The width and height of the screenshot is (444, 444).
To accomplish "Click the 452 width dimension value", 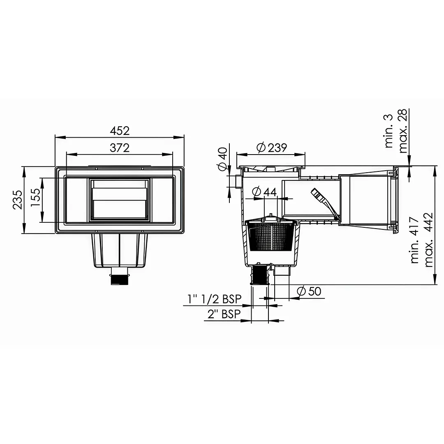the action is click(x=120, y=131).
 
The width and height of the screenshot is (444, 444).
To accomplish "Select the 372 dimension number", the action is click(x=120, y=148).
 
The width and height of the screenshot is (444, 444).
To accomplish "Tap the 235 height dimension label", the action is click(x=18, y=200).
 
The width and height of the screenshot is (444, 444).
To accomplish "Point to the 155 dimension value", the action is click(x=36, y=198).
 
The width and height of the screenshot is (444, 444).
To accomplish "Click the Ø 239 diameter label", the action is click(x=272, y=148).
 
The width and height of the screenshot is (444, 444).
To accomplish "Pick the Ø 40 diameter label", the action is click(x=223, y=159).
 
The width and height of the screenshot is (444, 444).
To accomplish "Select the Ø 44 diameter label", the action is click(x=264, y=192).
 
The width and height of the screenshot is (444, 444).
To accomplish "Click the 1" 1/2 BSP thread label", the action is click(x=214, y=299).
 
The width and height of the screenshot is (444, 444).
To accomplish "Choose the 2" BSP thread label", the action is click(x=224, y=314).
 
